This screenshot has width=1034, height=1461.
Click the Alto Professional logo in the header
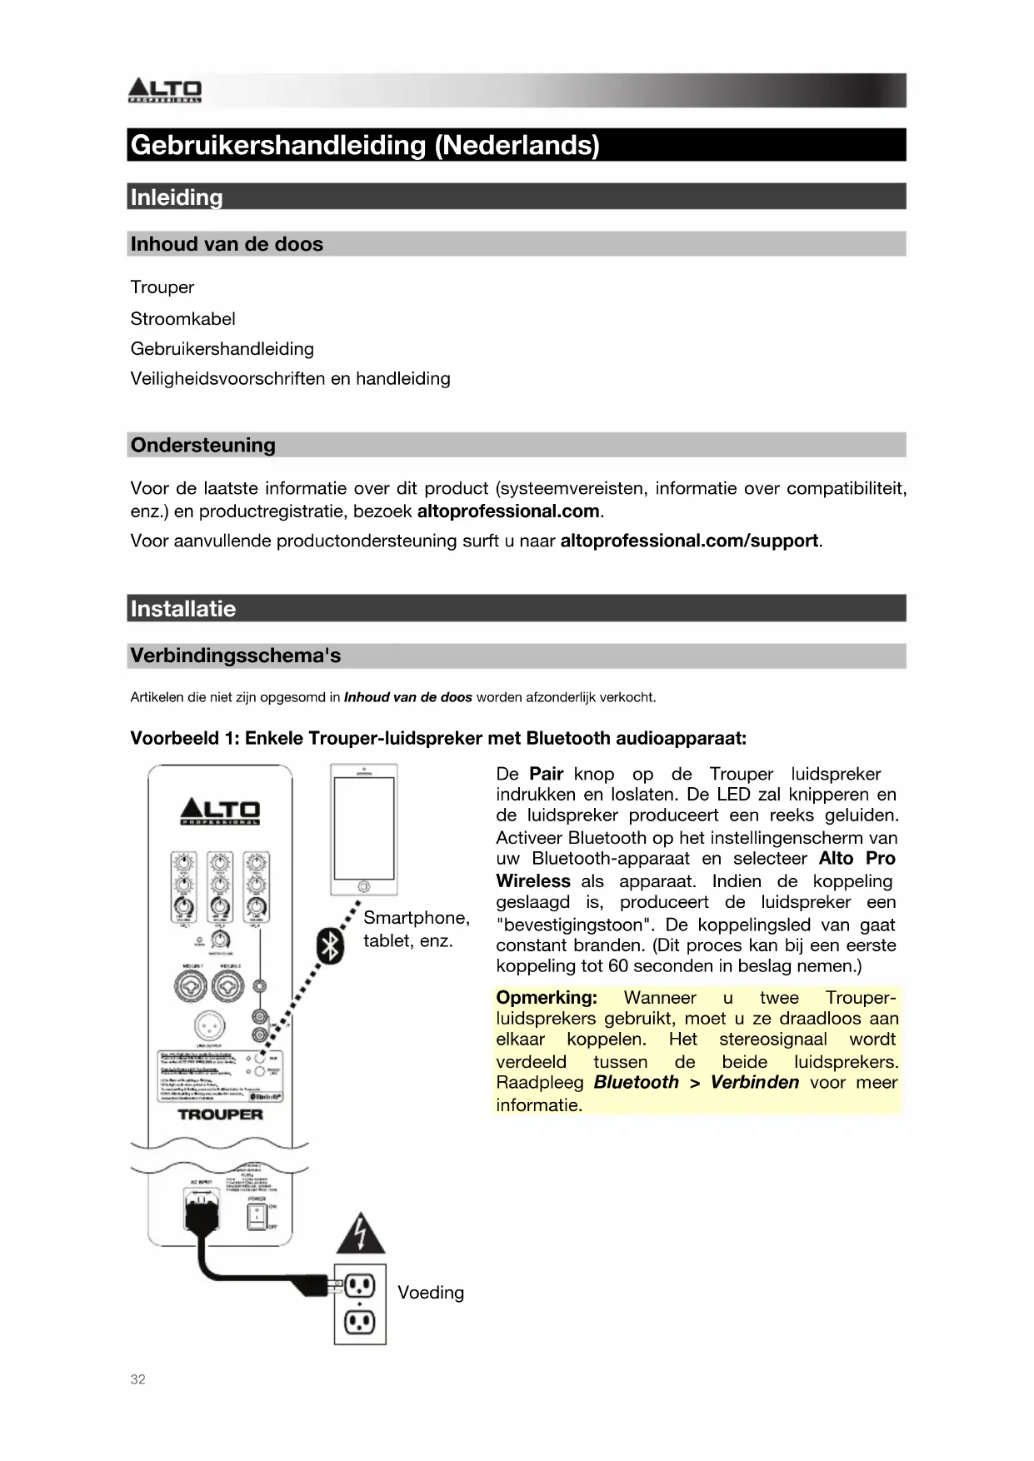pos(164,90)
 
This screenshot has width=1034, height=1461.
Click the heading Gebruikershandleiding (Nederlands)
pos(365,145)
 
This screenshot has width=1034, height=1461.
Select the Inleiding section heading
pos(177,197)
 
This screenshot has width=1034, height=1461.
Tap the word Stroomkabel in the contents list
pos(182,319)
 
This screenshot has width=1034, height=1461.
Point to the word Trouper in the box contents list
pos(162,287)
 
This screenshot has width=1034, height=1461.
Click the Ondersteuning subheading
pos(202,445)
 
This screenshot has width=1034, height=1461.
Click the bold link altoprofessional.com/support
pos(689,541)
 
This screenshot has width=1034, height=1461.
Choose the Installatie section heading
pos(182,609)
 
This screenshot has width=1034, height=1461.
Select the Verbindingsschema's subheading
pos(235,656)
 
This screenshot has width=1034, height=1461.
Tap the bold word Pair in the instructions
pos(546,774)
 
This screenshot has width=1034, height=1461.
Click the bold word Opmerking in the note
pos(546,997)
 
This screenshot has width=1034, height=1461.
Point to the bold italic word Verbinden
pos(754,1082)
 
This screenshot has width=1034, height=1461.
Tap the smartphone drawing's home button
pos(363,885)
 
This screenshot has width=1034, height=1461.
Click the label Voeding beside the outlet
pos(430,1293)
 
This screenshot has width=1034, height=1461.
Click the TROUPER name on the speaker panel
pos(220,1114)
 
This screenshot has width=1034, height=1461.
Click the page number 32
pos(137,1379)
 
